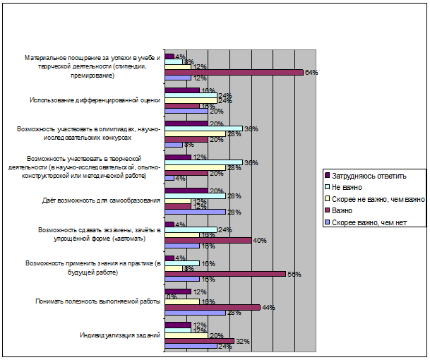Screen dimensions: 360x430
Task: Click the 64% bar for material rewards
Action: click(x=233, y=72)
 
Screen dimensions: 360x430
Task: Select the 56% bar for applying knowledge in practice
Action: click(x=225, y=274)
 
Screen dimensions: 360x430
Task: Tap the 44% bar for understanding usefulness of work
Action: click(x=212, y=307)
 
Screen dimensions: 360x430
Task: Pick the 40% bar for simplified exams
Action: click(x=208, y=240)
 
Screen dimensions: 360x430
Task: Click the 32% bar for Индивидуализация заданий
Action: click(x=198, y=341)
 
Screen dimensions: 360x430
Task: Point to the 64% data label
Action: click(x=310, y=72)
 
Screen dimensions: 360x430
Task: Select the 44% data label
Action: click(x=267, y=307)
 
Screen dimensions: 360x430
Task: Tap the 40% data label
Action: click(x=258, y=240)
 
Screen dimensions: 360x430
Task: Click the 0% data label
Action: click(x=170, y=296)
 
